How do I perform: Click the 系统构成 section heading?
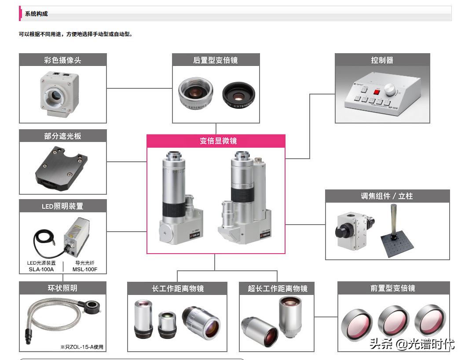click(x=37, y=14)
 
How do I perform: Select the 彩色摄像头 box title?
click(x=62, y=60)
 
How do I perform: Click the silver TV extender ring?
click(x=195, y=93)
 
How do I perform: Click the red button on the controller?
click(x=377, y=92)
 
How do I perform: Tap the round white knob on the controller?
click(x=390, y=90)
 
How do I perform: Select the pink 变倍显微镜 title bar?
click(x=216, y=141)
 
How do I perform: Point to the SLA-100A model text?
click(x=41, y=269)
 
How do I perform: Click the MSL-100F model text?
click(x=84, y=269)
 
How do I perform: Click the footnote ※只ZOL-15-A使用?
click(x=82, y=347)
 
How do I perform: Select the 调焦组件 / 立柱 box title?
click(x=387, y=196)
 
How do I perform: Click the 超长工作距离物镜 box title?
click(x=277, y=289)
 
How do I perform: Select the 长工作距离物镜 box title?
click(x=177, y=289)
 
